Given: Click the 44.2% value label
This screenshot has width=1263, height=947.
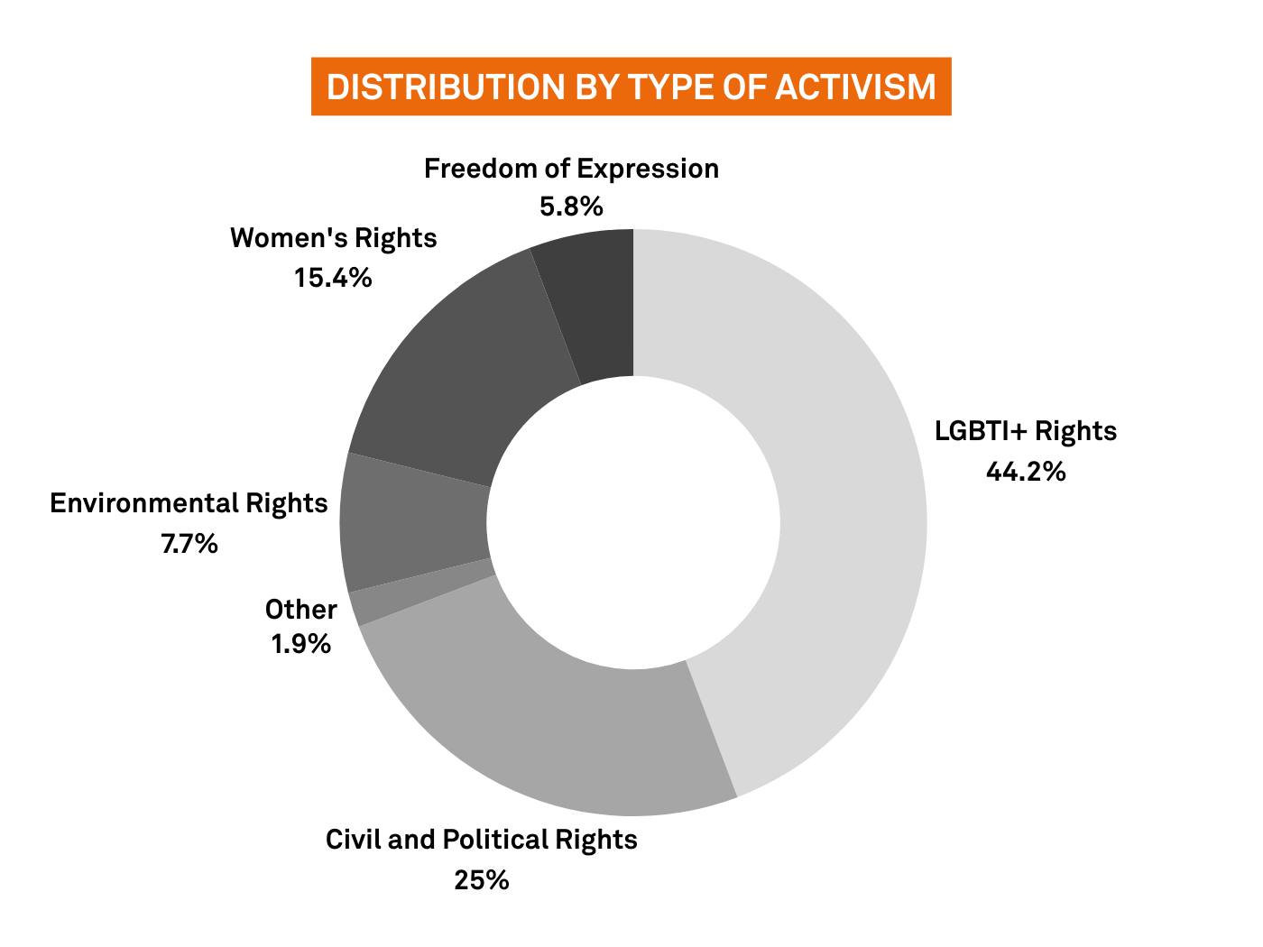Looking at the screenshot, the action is [x=1026, y=472].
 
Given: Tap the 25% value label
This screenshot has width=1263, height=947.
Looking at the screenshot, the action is [x=481, y=879].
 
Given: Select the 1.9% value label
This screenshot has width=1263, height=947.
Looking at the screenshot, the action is [x=301, y=643].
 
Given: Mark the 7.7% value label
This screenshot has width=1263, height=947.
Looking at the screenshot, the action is [x=189, y=543].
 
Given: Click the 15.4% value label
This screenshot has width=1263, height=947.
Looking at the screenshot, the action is [x=333, y=278].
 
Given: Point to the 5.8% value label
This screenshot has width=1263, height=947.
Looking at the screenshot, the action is [x=571, y=207].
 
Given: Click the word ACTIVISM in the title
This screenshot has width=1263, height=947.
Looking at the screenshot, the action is [x=855, y=87].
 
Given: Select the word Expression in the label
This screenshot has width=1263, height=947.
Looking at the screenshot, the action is [x=648, y=170].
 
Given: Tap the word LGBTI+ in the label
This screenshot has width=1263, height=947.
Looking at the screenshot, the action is [x=981, y=431].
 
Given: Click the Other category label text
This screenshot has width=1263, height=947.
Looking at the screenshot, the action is [x=301, y=610].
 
